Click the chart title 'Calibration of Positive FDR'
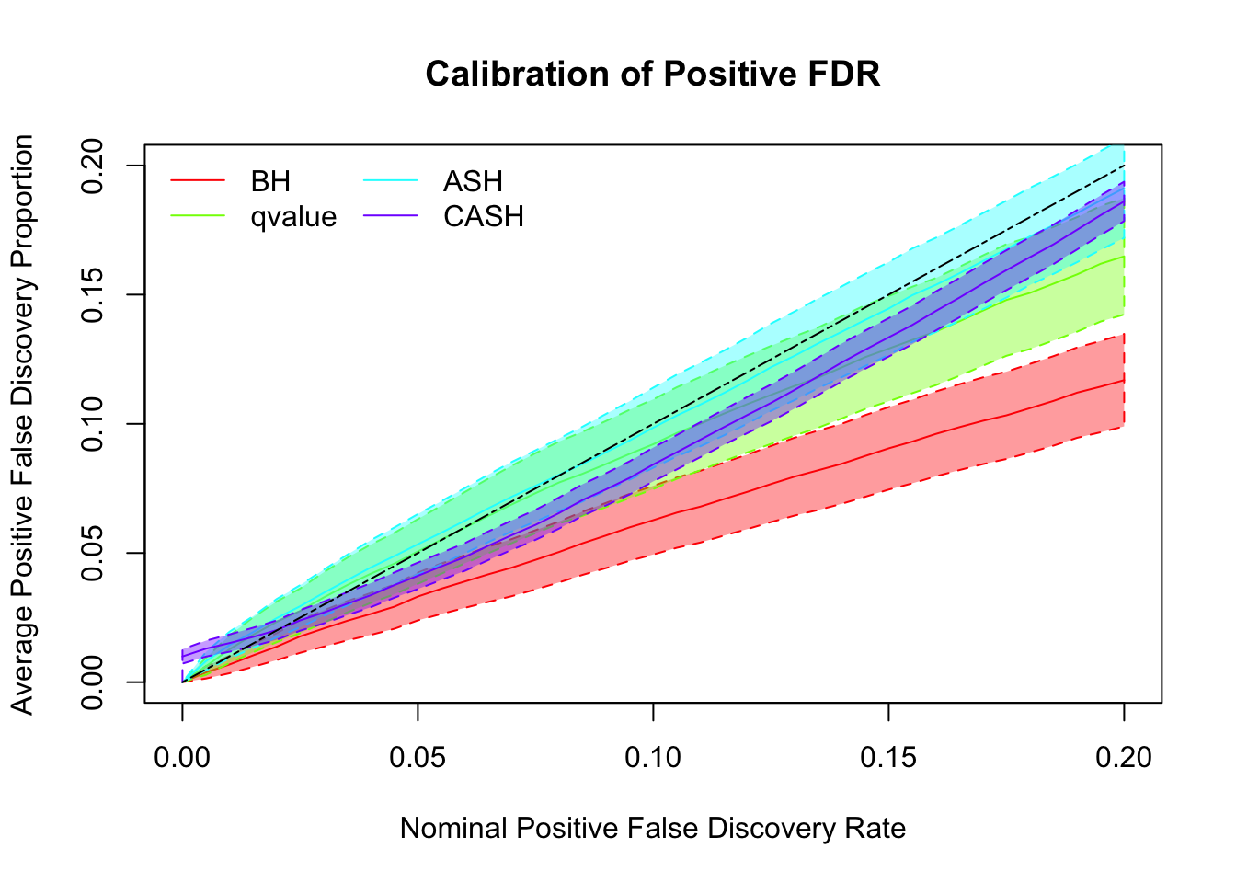tap(652, 74)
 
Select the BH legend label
tap(270, 181)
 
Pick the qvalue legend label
tap(293, 216)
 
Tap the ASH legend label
tap(473, 181)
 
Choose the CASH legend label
tap(483, 216)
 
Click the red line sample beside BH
tap(198, 181)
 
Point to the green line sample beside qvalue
tap(198, 216)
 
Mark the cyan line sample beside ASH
tap(391, 181)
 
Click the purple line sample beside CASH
tap(391, 216)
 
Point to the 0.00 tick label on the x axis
tap(182, 758)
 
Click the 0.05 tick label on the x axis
tap(418, 758)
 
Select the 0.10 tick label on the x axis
tap(653, 758)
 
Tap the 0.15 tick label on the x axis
tap(888, 758)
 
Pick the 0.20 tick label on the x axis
tap(1124, 758)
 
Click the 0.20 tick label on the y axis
tap(93, 166)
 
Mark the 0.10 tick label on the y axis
tap(93, 424)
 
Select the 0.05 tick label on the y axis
tap(93, 553)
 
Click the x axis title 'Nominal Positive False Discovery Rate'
tap(653, 829)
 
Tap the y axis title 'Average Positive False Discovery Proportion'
tap(23, 424)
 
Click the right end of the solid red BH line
tap(1123, 380)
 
